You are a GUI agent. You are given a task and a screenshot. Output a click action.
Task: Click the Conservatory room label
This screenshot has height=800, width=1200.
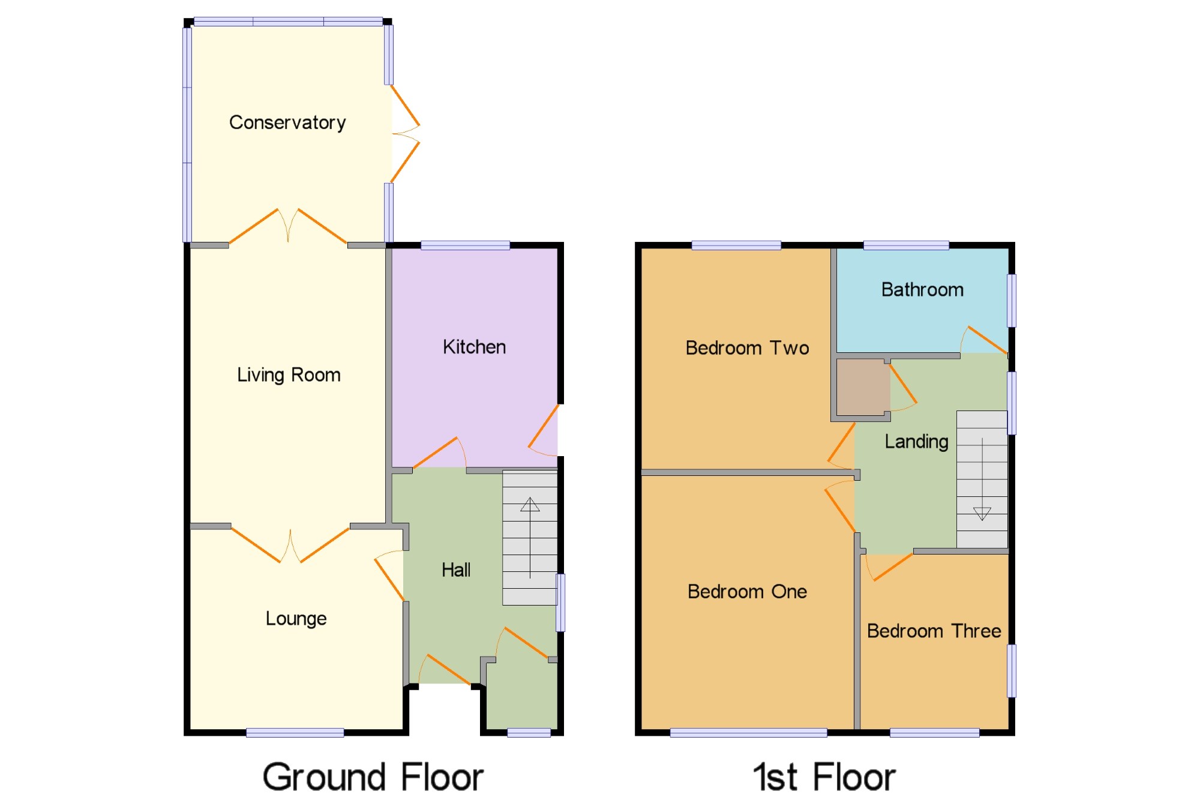point(287,122)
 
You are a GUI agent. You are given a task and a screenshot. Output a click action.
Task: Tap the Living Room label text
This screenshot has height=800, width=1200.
point(289,375)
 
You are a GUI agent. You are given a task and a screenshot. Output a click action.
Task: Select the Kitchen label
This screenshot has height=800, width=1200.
point(474,347)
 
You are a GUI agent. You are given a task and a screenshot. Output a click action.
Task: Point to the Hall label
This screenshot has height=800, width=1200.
point(456,570)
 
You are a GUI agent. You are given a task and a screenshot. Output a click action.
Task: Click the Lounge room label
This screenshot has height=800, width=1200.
point(296,618)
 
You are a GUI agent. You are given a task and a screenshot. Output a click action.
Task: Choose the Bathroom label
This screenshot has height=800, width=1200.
point(922,290)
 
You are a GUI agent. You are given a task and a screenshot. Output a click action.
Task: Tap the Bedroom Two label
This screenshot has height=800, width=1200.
point(747,348)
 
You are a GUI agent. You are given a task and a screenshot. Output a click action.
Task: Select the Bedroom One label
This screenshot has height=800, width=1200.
point(747,592)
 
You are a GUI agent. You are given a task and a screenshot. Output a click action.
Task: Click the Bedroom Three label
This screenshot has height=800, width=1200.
point(934,631)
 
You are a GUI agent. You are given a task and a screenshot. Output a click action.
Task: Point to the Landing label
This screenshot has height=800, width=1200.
point(916,442)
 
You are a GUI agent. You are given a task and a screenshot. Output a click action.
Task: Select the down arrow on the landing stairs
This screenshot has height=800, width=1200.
point(982,514)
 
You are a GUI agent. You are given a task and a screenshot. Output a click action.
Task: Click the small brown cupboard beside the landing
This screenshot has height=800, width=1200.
point(862,387)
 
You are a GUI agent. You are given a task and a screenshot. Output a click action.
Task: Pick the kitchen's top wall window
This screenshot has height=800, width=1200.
point(465,245)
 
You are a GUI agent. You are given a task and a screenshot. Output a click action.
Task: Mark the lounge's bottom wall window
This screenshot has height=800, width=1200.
point(295,732)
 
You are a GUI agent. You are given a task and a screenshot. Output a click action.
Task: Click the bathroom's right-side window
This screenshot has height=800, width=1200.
point(1012,300)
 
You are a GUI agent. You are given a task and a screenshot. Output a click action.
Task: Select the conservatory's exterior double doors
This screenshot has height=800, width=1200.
point(405,134)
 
